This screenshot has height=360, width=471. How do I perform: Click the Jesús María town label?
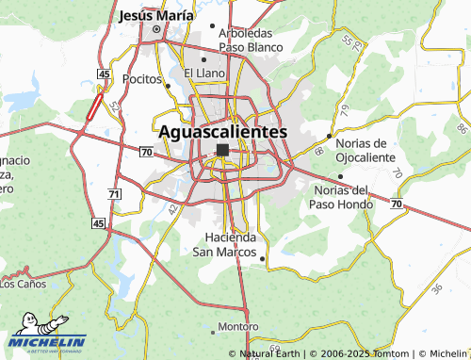pyautogui.click(x=157, y=16)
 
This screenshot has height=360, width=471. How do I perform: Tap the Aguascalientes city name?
pyautogui.click(x=223, y=132)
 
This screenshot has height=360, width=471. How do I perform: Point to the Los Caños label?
pyautogui.click(x=22, y=283)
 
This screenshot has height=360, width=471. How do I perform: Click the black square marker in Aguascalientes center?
pyautogui.click(x=223, y=150)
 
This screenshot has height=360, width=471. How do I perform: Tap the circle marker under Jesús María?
pyautogui.click(x=156, y=28)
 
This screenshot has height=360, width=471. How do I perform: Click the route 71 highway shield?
pyautogui.click(x=114, y=193)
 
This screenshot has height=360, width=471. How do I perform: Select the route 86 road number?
pyautogui.click(x=461, y=126)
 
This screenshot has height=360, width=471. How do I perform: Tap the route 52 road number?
pyautogui.click(x=116, y=106)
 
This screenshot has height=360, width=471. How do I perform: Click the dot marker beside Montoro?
pyautogui.click(x=254, y=327)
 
